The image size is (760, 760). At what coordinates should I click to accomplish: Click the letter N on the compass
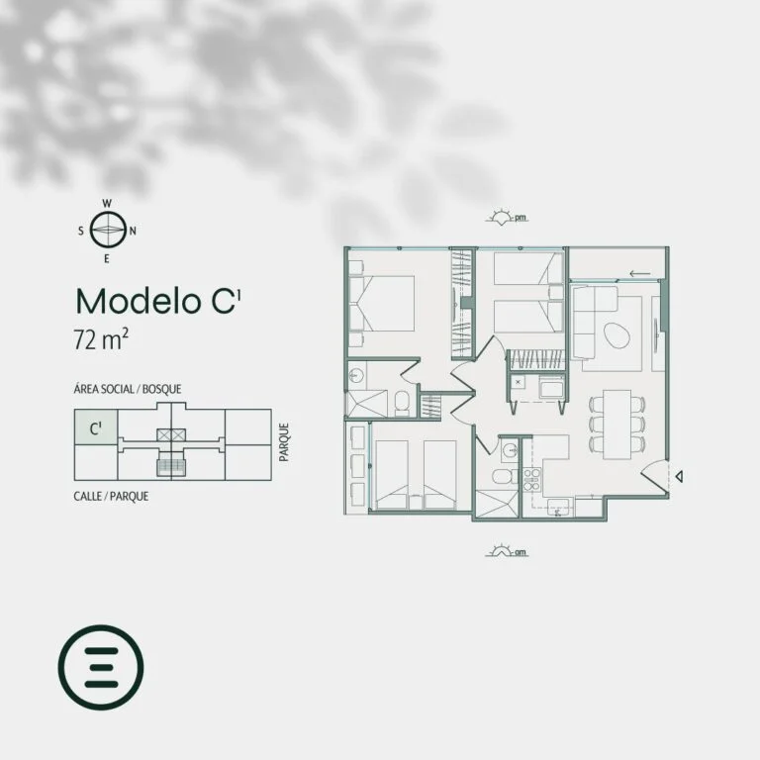(x=133, y=232)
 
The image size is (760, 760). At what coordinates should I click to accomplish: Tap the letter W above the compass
(x=107, y=204)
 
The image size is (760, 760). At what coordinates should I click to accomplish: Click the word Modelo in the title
(x=139, y=302)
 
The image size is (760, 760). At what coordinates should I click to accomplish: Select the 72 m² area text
(x=101, y=338)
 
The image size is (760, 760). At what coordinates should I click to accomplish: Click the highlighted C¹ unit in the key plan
(x=96, y=427)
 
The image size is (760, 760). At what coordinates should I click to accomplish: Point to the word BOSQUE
(x=162, y=389)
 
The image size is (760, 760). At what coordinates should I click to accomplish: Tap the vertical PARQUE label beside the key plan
(x=284, y=442)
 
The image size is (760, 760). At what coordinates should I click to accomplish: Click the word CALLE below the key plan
(x=88, y=497)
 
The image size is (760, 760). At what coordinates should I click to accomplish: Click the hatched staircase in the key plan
(x=171, y=467)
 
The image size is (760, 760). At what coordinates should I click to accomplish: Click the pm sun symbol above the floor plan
(x=507, y=217)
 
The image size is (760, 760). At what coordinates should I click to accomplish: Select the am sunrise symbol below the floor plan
(x=507, y=551)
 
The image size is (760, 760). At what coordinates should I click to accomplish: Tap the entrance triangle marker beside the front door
(x=680, y=476)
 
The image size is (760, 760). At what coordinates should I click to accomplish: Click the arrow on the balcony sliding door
(x=640, y=274)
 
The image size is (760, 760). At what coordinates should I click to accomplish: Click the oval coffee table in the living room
(x=617, y=335)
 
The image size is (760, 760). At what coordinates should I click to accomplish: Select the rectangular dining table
(x=617, y=425)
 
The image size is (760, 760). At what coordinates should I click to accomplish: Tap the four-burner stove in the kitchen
(x=531, y=479)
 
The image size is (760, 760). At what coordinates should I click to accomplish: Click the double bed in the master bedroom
(x=382, y=304)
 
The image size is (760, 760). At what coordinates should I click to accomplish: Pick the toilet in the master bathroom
(x=402, y=404)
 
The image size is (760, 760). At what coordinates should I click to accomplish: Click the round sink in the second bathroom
(x=510, y=451)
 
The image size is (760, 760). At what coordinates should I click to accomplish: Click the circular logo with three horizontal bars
(x=101, y=667)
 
